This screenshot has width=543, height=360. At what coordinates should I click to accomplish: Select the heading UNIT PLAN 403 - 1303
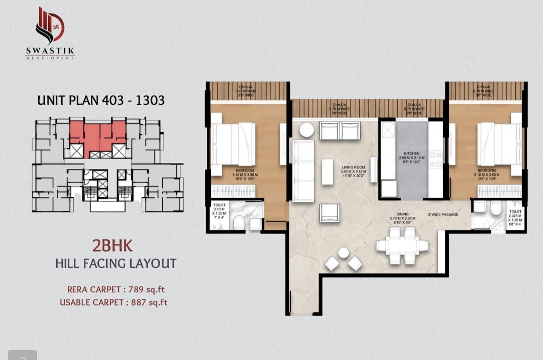pos(101,100)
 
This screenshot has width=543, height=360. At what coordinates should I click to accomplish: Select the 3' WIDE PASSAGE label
pos(443,215)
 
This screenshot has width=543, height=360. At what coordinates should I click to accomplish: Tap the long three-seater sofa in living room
pos(303,171)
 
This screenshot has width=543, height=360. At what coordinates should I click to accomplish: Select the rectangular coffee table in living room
pos(327,172)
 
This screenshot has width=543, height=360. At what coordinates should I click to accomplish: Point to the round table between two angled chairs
pos(343,253)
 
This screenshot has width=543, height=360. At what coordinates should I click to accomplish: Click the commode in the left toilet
pos(240,221)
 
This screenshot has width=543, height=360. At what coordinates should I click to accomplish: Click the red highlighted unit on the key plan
pos(98,135)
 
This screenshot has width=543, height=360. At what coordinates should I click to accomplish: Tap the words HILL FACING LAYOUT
pos(116,263)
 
